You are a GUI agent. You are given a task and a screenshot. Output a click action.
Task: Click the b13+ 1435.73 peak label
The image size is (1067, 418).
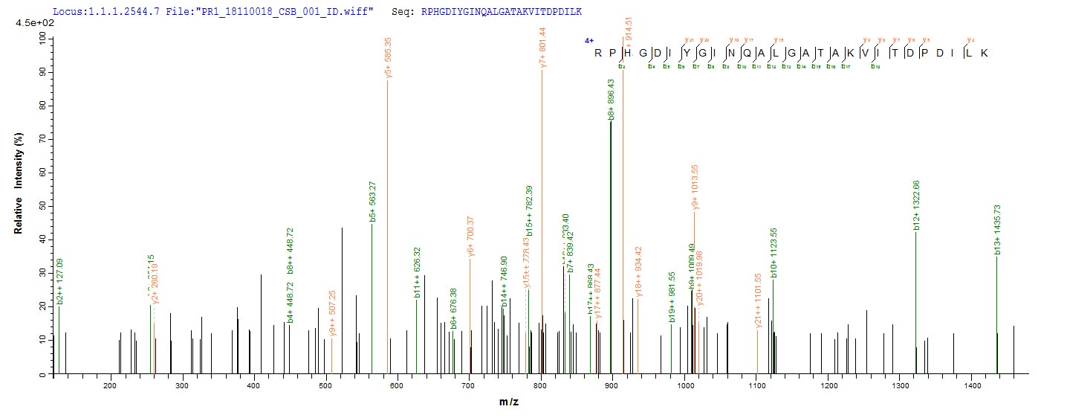pos(997,231)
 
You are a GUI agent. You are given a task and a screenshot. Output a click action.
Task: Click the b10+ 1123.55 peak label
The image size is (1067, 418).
pos(774,252)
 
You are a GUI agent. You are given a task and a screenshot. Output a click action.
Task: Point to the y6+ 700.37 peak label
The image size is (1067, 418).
pos(470,236)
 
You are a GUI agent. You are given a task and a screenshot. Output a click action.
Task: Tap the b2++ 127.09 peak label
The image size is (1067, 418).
pos(59,281)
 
